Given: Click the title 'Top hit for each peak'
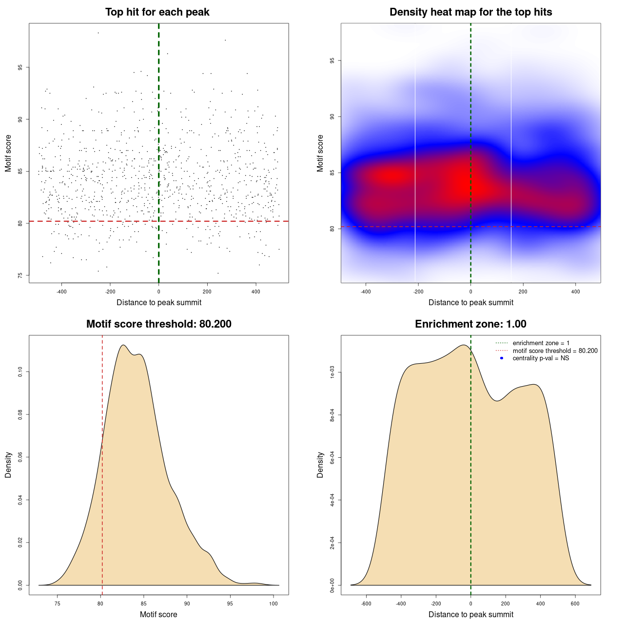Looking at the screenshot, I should (157, 12).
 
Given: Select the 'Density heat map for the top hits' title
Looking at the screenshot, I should (470, 12).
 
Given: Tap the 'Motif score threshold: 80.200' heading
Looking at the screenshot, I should (158, 324).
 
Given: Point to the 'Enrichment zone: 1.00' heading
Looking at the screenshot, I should (470, 324).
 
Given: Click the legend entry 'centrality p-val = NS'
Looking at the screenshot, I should (541, 358).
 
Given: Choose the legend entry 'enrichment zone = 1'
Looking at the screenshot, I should (541, 343).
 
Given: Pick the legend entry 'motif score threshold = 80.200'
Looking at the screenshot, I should (555, 351).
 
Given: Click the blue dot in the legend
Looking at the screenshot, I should (502, 358).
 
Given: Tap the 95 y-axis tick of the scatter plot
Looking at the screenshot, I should (20, 67).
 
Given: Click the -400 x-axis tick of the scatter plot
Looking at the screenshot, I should (61, 292).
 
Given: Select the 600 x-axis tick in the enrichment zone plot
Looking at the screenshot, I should (575, 604).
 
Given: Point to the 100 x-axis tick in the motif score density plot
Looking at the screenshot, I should (273, 604).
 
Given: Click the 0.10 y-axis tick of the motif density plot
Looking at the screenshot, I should (20, 372).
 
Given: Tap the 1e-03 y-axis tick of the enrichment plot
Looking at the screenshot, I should (332, 372).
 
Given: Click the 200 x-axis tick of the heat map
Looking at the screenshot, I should (523, 292).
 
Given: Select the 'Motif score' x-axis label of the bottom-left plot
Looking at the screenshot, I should (158, 614).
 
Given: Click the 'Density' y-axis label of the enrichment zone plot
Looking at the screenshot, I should (320, 465).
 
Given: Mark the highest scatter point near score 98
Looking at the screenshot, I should (98, 33).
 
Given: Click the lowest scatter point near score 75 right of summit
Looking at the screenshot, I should (218, 273).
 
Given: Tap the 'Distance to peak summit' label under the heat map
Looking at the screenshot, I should (470, 302).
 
